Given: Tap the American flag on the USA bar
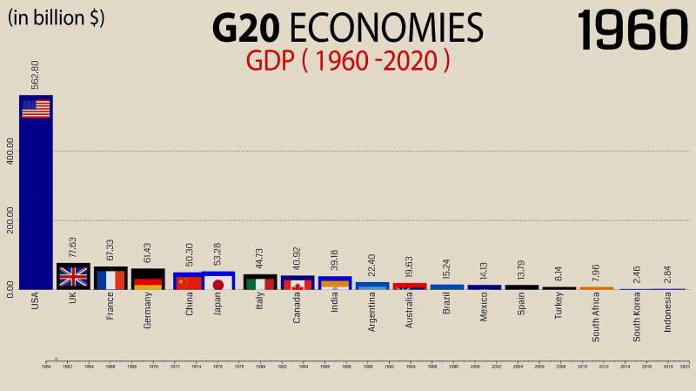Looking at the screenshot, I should pyautogui.click(x=36, y=109).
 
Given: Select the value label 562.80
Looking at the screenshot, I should pyautogui.click(x=36, y=75).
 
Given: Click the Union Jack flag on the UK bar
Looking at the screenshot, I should pyautogui.click(x=73, y=277).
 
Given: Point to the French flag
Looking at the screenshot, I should pyautogui.click(x=110, y=280).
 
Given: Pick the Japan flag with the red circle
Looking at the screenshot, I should pyautogui.click(x=218, y=283).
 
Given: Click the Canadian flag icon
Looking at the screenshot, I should pyautogui.click(x=298, y=285).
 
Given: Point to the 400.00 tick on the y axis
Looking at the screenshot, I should pyautogui.click(x=10, y=151).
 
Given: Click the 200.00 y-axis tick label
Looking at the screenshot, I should pyautogui.click(x=10, y=220).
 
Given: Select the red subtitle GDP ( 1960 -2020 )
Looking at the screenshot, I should pyautogui.click(x=348, y=61).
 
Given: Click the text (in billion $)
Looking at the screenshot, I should pyautogui.click(x=56, y=17).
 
